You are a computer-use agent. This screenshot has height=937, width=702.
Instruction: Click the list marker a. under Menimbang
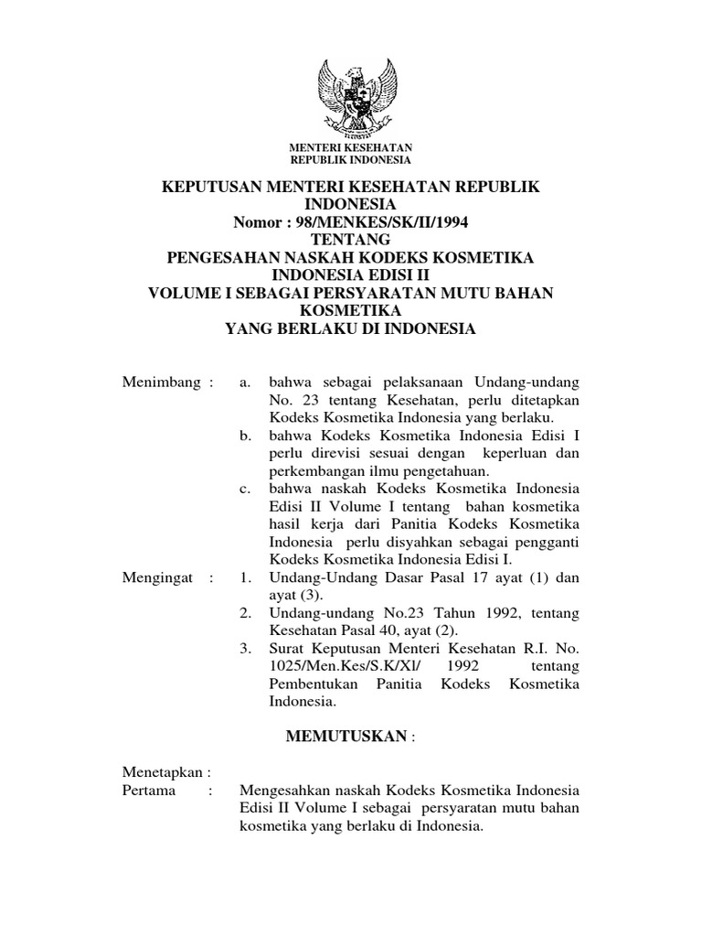point(245,382)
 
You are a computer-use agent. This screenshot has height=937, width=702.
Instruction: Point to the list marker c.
point(245,490)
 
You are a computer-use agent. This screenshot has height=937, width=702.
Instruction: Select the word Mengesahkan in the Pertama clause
point(288,791)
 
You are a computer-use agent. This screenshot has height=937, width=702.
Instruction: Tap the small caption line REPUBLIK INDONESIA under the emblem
point(351,159)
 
